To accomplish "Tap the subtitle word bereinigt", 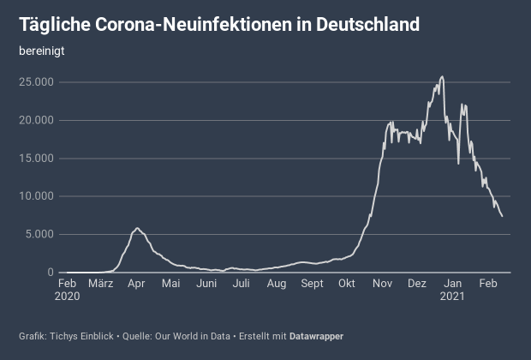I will (42, 51).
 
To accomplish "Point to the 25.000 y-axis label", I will (39, 82).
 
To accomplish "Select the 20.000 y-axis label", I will (39, 120).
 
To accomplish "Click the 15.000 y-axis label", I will (39, 159).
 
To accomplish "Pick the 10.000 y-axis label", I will (39, 196).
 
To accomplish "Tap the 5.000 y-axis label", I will (42, 234).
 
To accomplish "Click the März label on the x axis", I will (100, 284).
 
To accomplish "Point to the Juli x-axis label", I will (242, 284).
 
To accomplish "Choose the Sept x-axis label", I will (312, 284).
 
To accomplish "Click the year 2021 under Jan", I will (452, 297).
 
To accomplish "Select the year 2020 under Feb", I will (68, 297).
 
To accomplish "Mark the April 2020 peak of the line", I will (137, 228).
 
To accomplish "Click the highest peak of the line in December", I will (442, 76).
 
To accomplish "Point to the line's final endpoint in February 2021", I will (502, 216).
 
